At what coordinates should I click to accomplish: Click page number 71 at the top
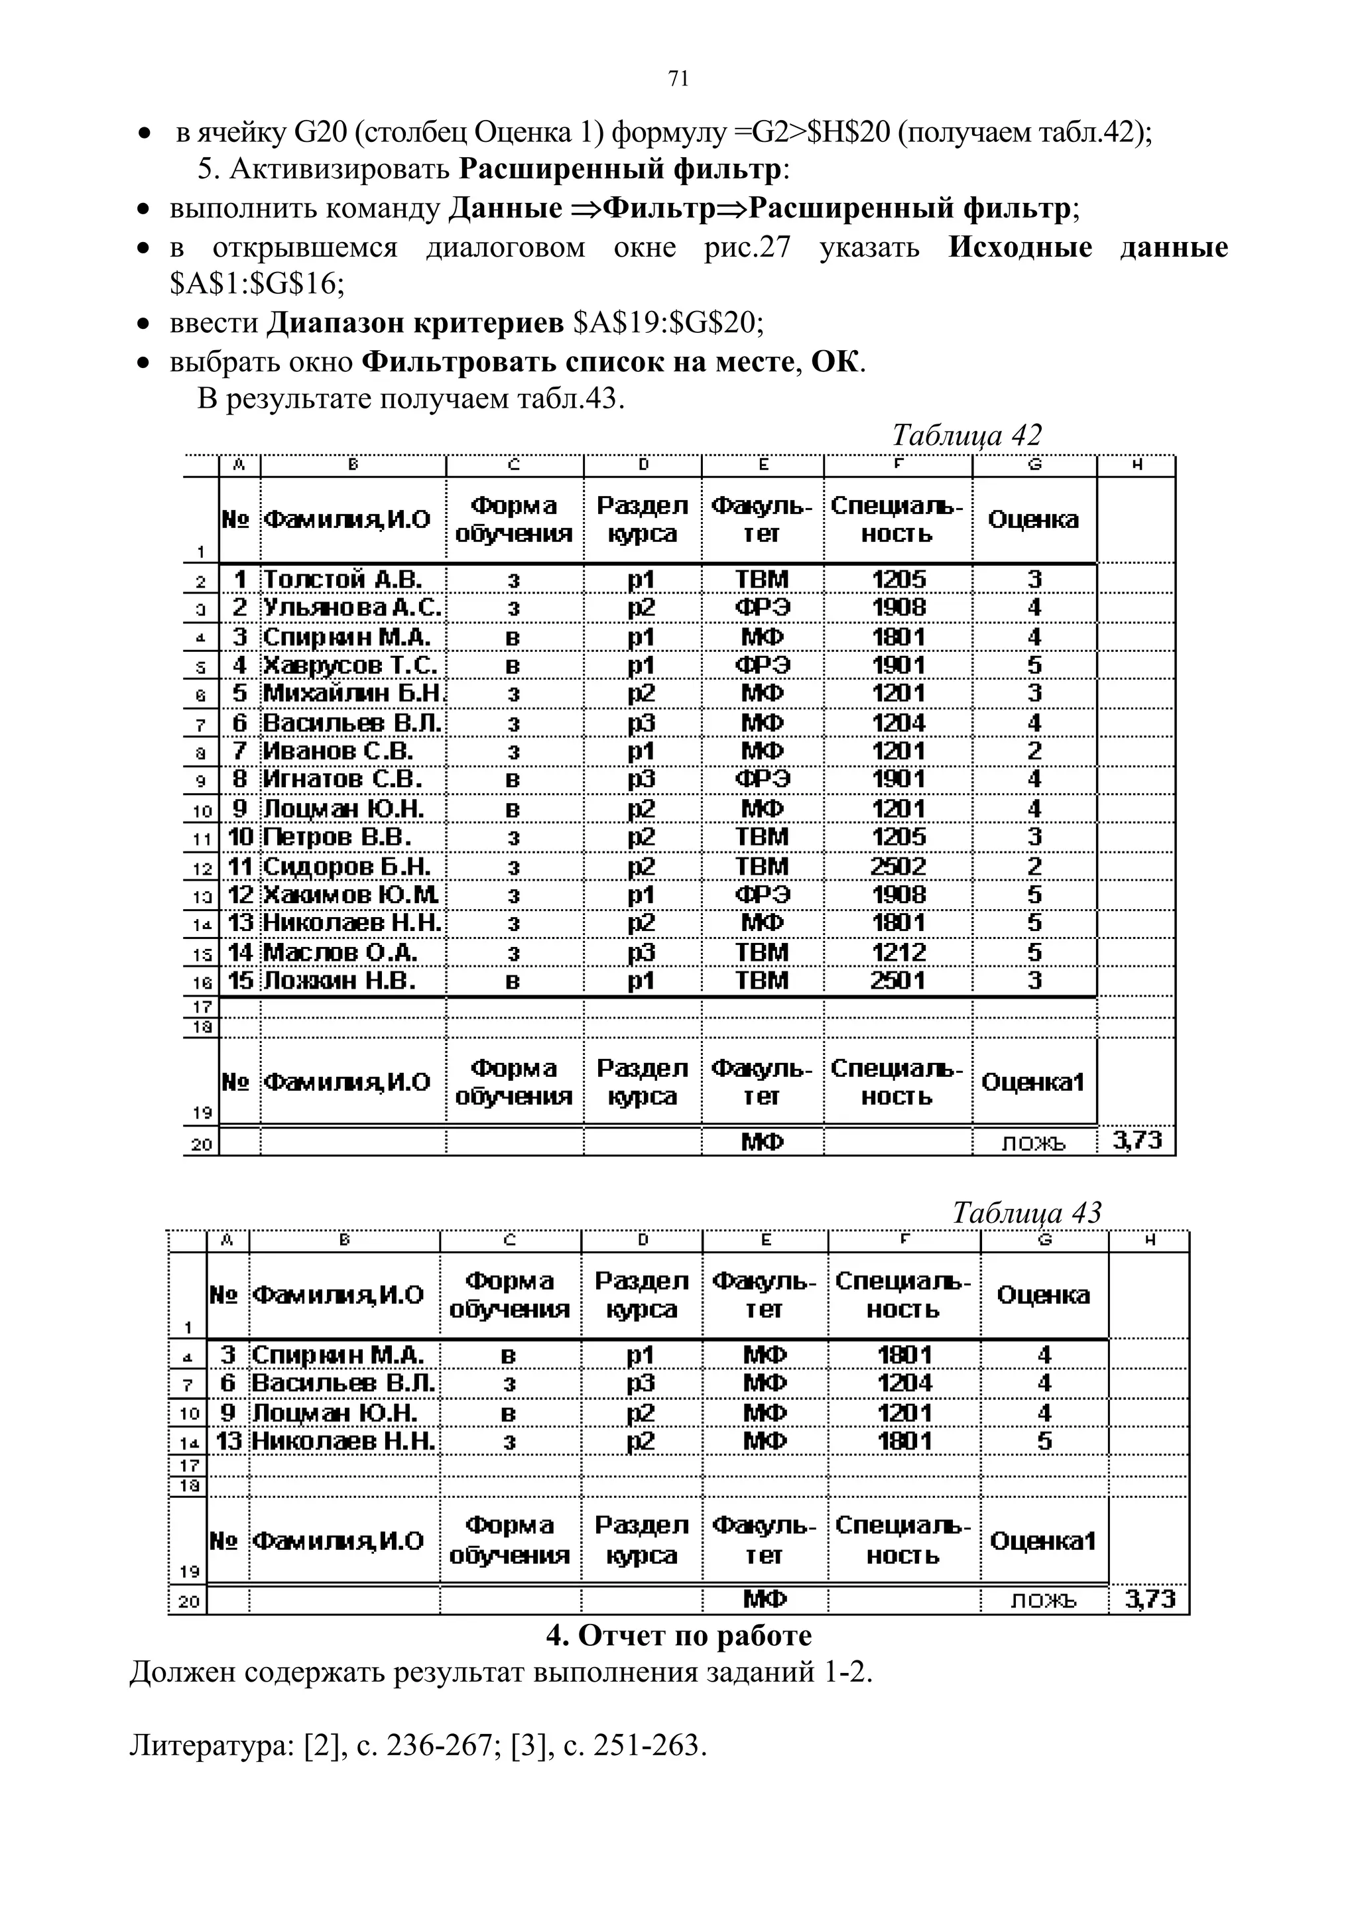(678, 79)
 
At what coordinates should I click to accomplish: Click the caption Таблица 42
(966, 435)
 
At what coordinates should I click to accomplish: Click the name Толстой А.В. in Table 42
(342, 579)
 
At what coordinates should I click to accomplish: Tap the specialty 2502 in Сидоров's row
(898, 866)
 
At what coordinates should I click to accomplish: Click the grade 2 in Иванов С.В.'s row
(1034, 751)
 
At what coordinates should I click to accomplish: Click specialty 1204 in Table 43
(904, 1383)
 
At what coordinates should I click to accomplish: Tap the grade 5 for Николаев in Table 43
(1044, 1441)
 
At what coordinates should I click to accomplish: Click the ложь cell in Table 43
(1044, 1601)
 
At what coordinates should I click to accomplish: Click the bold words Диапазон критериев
(415, 323)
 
